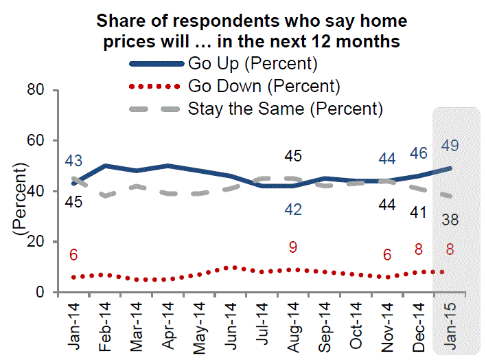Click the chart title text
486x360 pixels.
251,31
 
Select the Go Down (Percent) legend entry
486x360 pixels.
264,87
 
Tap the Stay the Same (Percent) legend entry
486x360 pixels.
284,109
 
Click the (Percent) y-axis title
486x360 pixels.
21,199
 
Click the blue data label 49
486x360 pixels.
451,146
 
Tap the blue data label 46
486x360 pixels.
419,153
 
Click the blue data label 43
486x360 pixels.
74,161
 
